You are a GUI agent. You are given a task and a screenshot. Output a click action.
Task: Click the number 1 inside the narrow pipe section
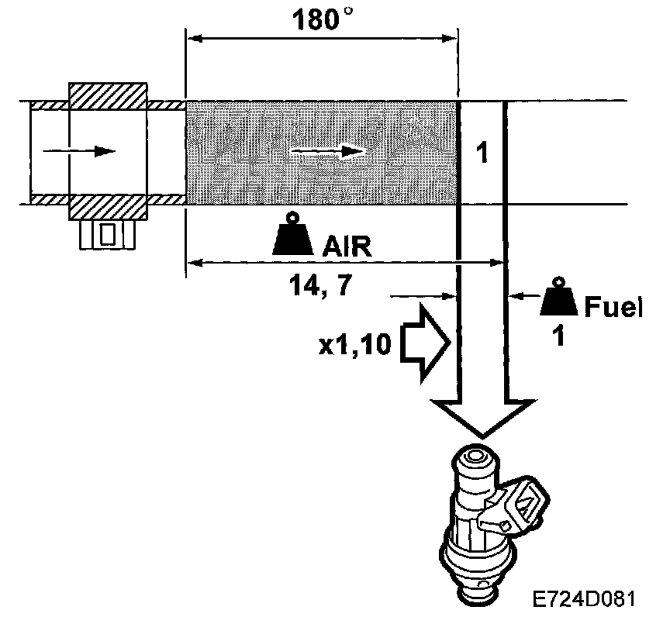tap(482, 153)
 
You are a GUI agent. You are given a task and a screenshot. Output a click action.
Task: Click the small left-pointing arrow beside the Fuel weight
tap(527, 295)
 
